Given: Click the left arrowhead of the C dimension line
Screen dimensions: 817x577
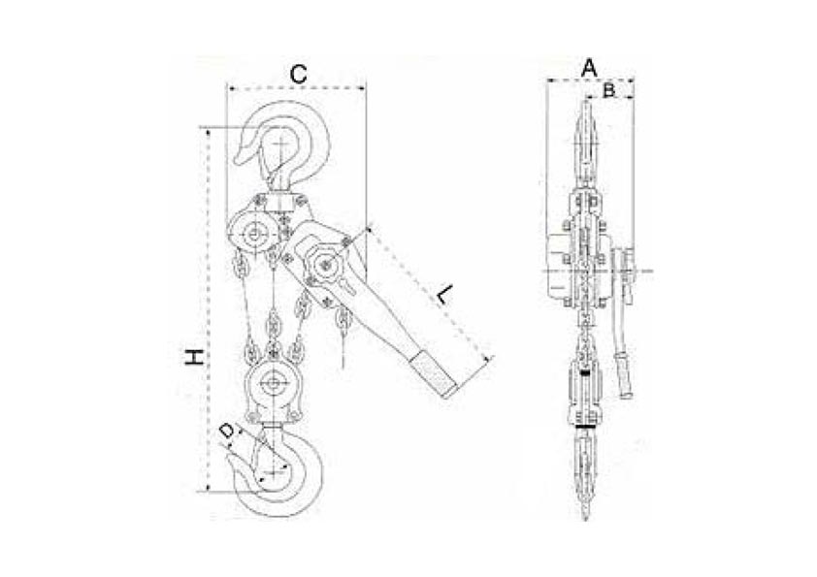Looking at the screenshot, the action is pos(230,89).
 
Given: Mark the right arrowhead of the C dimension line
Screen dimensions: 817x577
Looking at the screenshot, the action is pos(363,89).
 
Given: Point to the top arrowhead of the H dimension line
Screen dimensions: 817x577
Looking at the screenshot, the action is pos(209,131).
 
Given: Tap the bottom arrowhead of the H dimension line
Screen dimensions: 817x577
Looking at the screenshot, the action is pos(209,488).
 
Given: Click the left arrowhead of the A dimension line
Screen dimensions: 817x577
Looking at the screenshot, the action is pos(550,80).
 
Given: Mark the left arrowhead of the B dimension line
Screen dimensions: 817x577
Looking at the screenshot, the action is pos(588,96).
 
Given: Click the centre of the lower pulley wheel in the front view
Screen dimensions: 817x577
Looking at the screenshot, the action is pos(272,384).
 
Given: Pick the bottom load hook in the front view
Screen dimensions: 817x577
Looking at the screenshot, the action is pos(278,470).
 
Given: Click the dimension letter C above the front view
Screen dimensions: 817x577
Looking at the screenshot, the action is pos(298,75).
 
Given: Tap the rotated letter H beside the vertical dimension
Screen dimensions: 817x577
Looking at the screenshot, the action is pos(194,358).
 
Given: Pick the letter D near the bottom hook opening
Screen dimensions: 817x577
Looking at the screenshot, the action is pos(226,433).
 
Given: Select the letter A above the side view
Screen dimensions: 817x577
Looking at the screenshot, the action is pos(589,68).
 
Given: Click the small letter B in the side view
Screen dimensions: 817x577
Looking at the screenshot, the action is pos(608,90).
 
